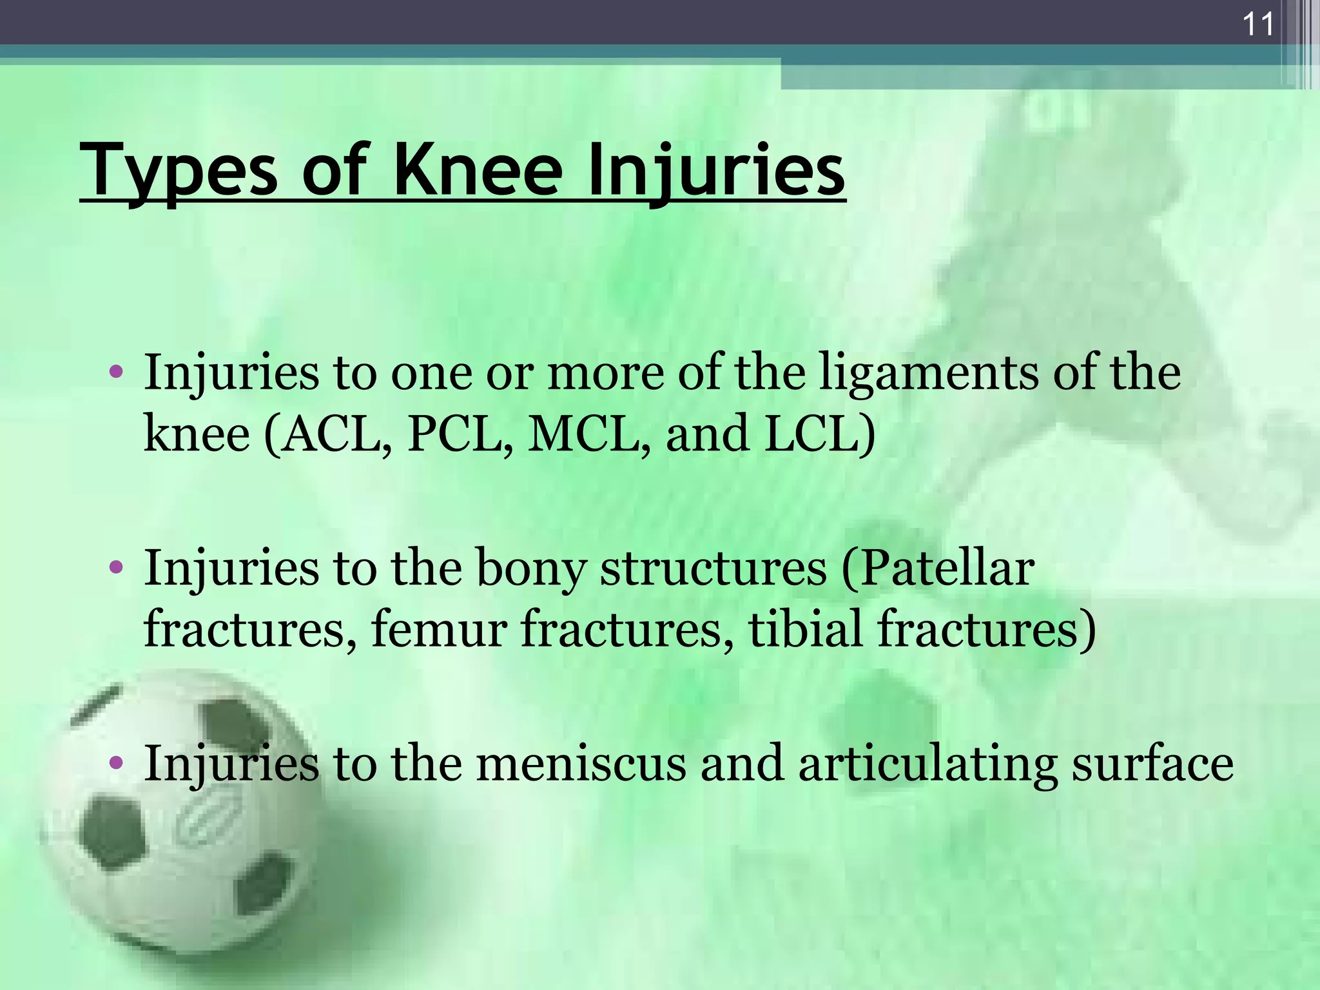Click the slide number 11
coord(1257,25)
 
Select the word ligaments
coord(928,374)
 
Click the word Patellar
coord(938,568)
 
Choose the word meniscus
coord(581,763)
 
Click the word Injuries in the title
coord(715,171)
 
